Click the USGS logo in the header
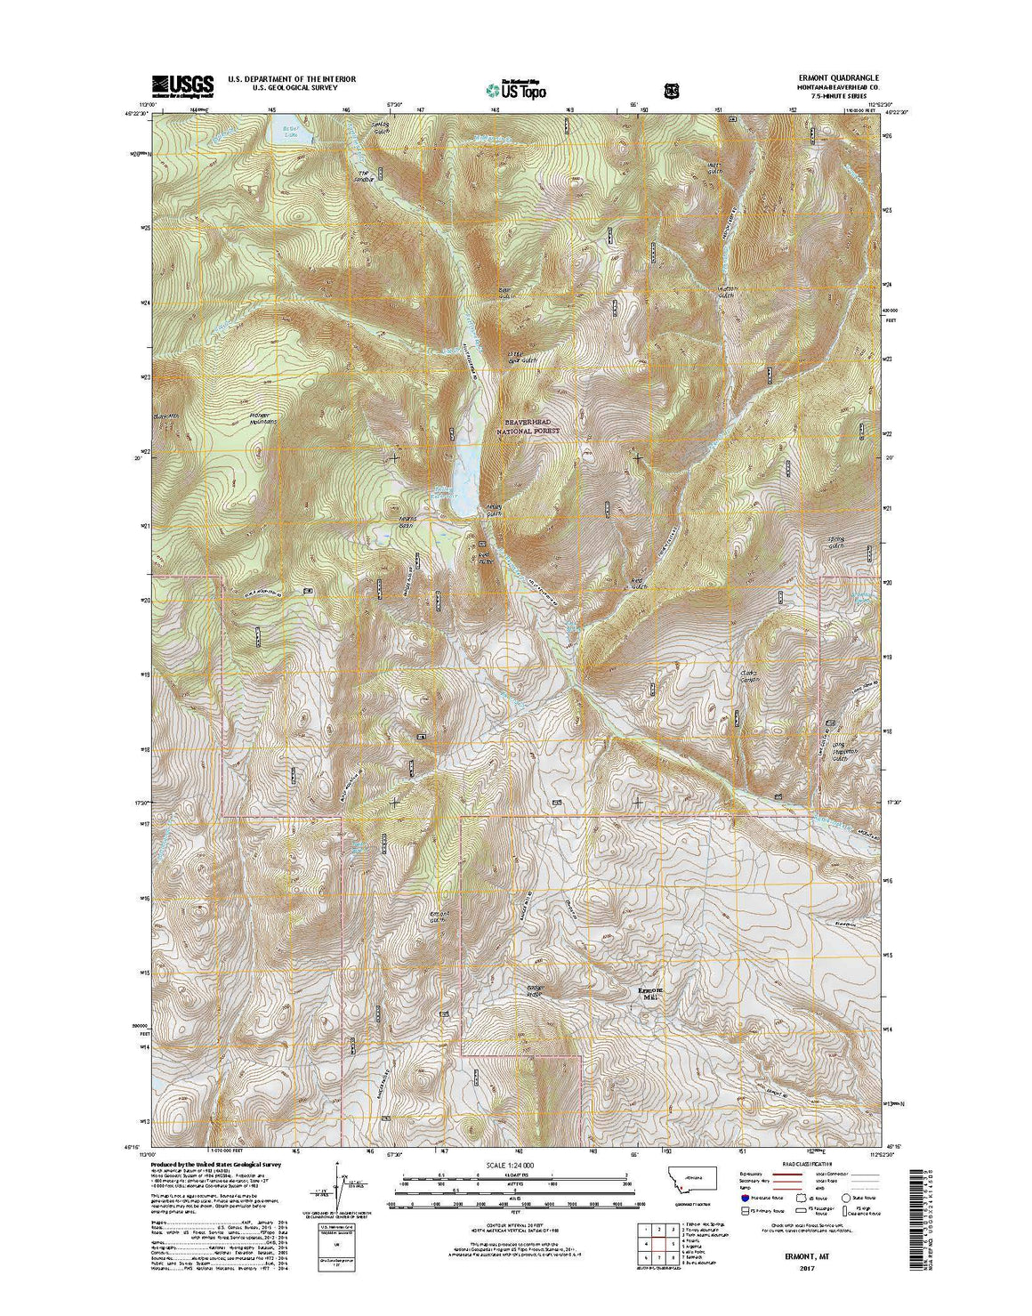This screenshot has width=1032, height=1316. click(183, 85)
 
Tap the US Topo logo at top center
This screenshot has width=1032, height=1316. click(516, 89)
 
